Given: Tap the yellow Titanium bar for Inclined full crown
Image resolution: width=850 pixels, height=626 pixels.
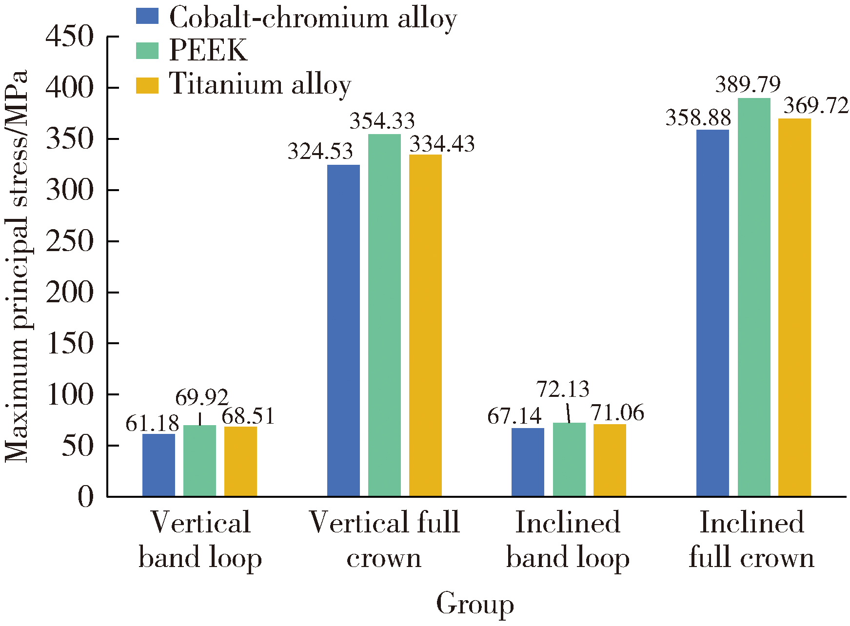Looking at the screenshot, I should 794,307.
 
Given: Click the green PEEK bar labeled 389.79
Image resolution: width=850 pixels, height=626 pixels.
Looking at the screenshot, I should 754,297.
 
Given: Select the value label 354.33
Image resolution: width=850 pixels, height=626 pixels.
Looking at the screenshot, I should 382,120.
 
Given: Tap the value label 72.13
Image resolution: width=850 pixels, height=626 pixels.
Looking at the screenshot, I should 563,389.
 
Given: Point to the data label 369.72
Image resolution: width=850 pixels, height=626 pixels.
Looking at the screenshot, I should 816,106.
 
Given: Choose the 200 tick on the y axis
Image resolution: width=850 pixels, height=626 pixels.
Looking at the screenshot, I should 69,293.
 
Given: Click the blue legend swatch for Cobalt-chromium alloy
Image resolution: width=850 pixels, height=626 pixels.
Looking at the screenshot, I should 147,16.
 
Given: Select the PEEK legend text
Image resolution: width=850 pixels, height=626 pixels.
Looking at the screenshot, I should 208,50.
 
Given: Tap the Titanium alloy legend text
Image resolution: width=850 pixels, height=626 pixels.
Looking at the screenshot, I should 260,84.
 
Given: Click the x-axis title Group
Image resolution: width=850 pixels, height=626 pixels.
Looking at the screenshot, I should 474,604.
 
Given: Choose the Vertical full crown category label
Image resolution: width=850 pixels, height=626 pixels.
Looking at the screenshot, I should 384,539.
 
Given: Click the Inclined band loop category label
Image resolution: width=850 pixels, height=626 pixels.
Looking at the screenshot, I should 568,539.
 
